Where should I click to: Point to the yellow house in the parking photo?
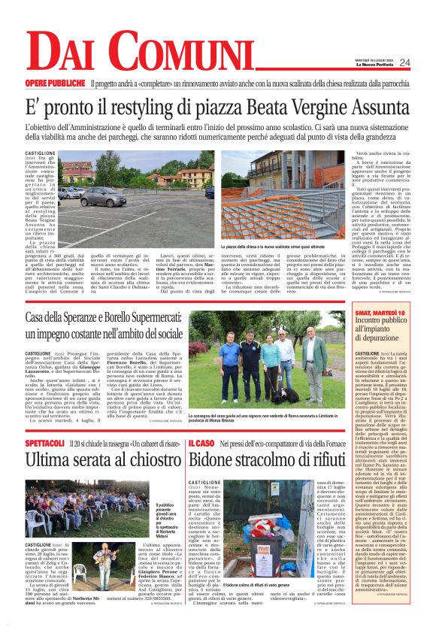[x=193, y=177]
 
